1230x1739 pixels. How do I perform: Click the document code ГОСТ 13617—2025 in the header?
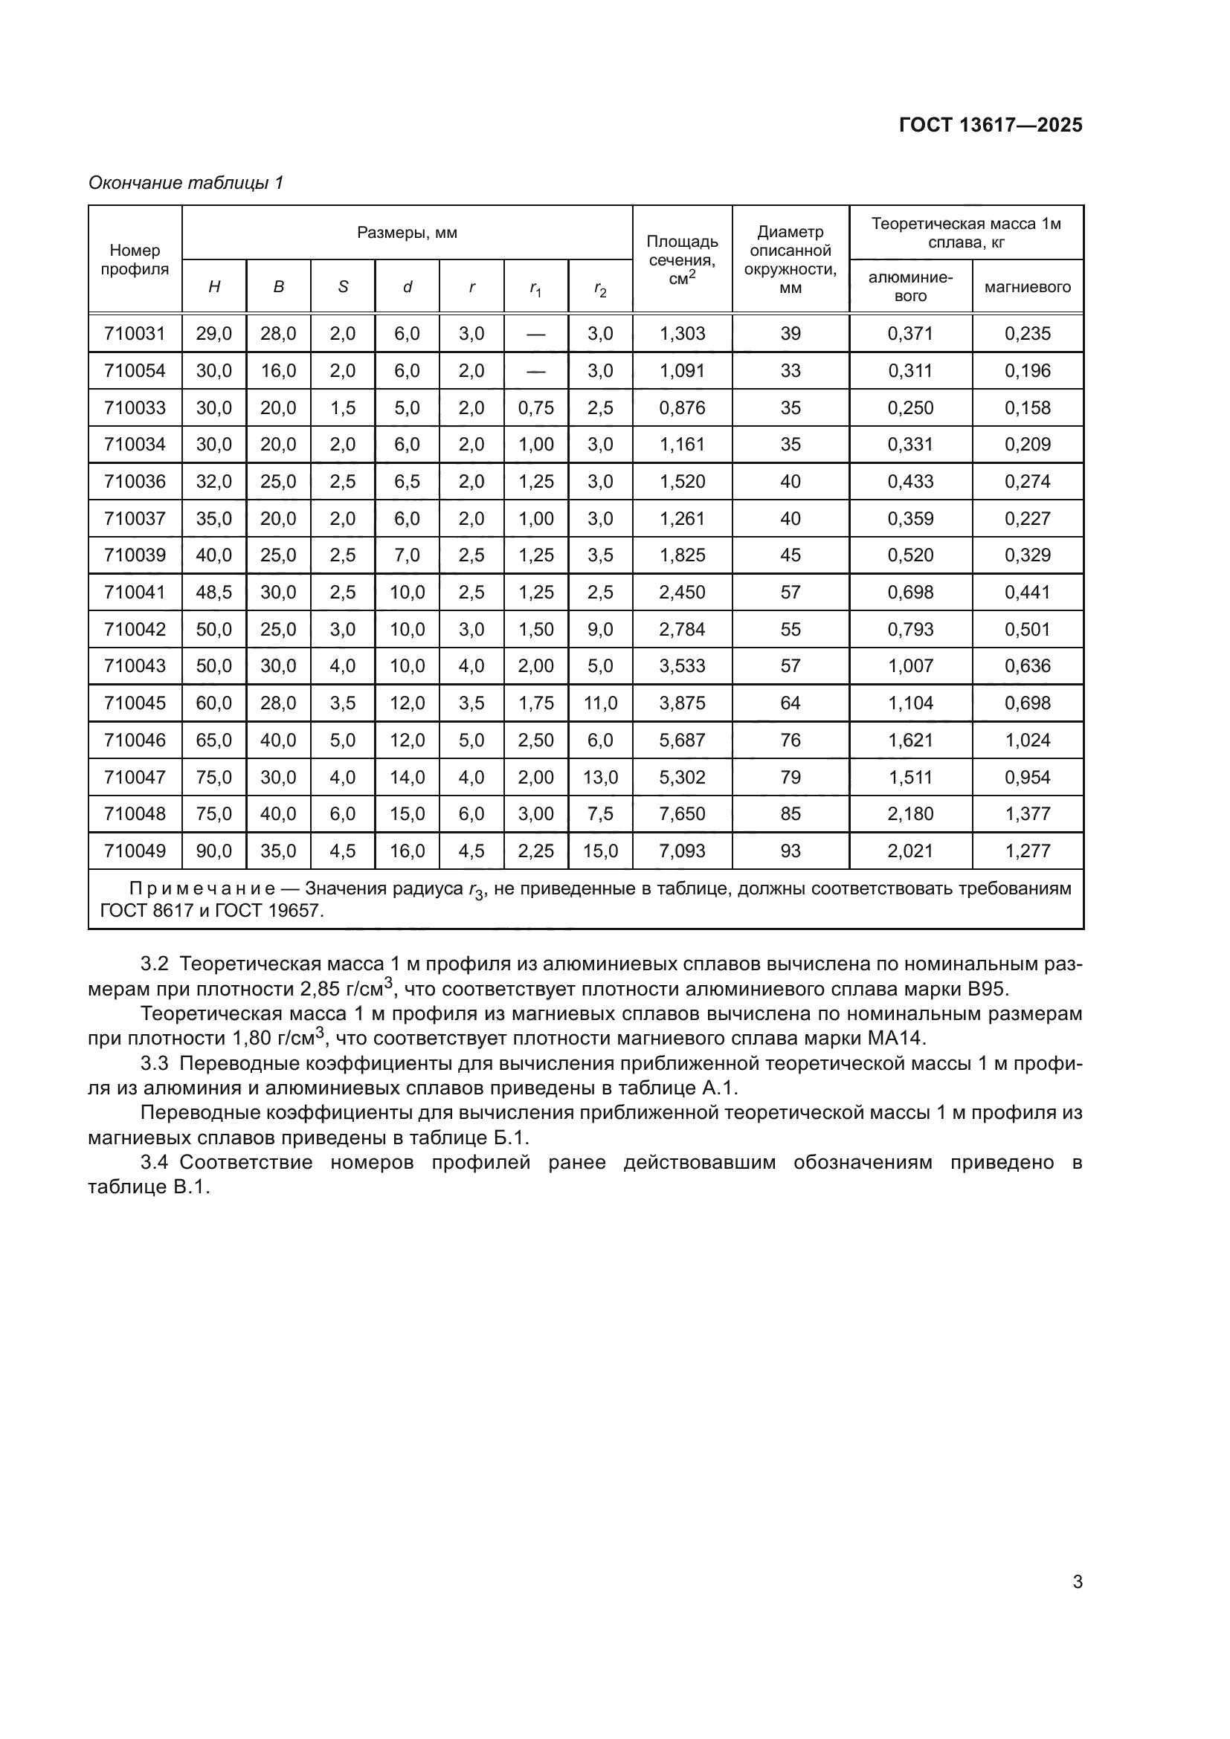click(990, 125)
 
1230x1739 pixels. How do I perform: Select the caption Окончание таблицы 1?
click(186, 183)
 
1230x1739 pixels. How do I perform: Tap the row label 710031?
click(135, 333)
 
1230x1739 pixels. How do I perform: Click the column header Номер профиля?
click(135, 259)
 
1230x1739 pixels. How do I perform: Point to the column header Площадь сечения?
click(682, 259)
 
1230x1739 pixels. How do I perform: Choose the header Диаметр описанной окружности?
click(790, 259)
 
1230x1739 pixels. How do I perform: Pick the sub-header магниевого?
click(1027, 287)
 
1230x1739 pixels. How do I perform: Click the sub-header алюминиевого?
click(910, 286)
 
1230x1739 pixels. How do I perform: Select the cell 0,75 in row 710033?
click(535, 407)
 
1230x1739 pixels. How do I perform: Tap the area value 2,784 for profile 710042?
click(682, 630)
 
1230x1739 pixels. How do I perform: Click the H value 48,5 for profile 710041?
click(213, 593)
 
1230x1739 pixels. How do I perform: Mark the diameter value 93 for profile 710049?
click(790, 851)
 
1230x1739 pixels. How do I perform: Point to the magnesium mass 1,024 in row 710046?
click(1027, 740)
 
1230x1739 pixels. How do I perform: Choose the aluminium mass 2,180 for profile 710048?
click(910, 813)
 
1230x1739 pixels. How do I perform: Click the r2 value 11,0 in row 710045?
click(600, 703)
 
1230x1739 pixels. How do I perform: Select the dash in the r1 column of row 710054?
click(535, 371)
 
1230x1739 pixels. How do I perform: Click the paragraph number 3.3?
click(154, 1063)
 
